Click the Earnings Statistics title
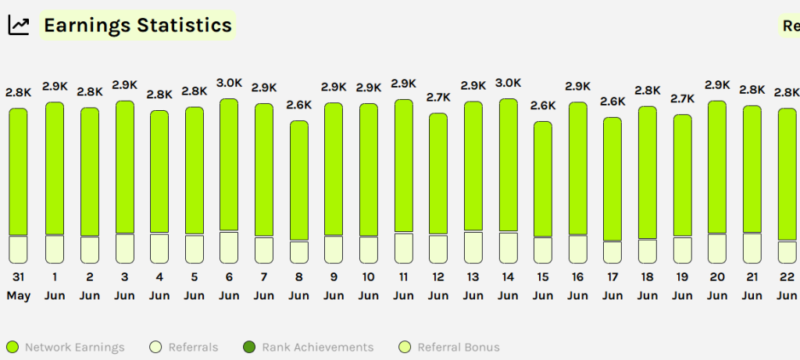pos(137,25)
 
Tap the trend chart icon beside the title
pos(19,26)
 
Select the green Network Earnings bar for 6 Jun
pos(229,165)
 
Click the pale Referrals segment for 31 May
pos(18,249)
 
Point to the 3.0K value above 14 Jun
pos(508,84)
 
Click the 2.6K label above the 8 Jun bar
pos(298,105)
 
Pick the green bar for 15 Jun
pos(543,179)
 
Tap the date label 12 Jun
pos(438,286)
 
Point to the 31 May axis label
pos(18,286)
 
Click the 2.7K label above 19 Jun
pos(682,98)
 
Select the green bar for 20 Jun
pos(717,167)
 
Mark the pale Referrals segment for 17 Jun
pos(612,252)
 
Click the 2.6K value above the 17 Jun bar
pos(612,102)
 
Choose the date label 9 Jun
pos(334,286)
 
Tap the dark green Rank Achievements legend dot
pos(249,348)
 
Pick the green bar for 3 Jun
pos(124,167)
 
